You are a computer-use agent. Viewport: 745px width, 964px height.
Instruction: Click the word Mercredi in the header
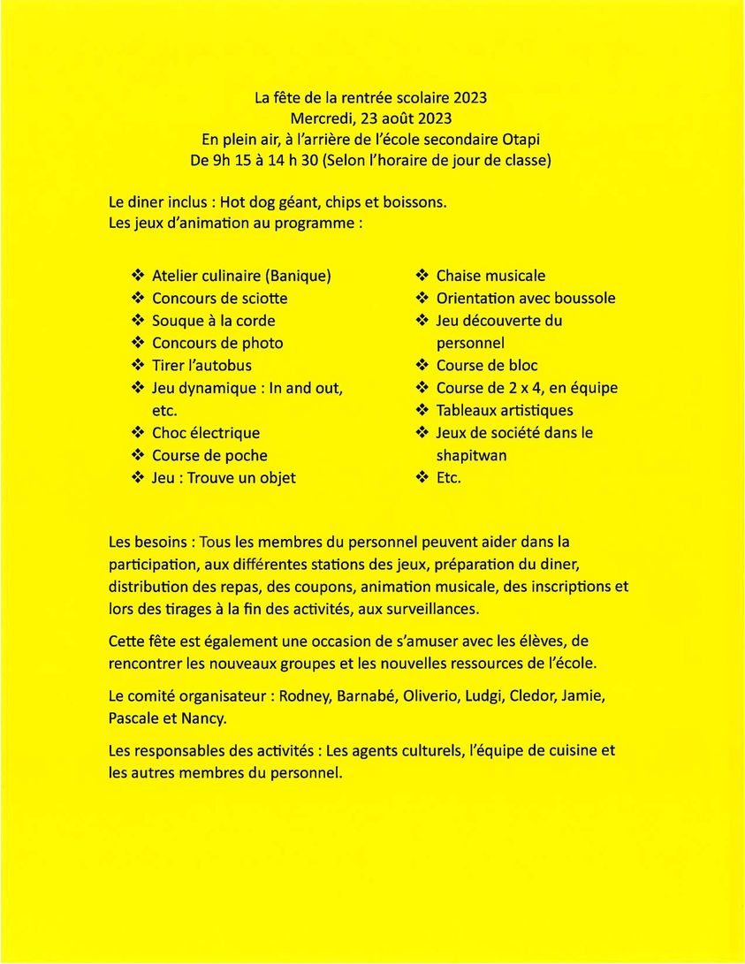pyautogui.click(x=320, y=118)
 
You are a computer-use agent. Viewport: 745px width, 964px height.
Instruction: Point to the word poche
pyautogui.click(x=247, y=456)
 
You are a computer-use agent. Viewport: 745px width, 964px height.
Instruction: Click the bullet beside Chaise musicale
pyautogui.click(x=422, y=276)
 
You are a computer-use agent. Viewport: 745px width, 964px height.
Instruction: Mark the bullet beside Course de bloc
pyautogui.click(x=422, y=366)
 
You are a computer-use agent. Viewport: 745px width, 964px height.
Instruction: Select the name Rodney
pyautogui.click(x=306, y=696)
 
